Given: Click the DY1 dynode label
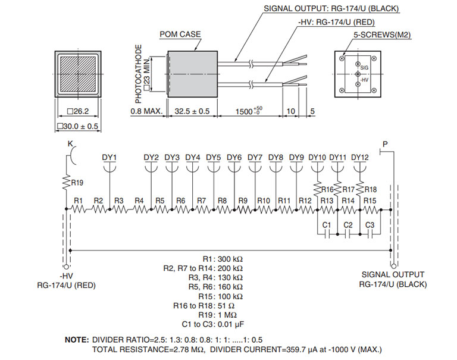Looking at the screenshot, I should pyautogui.click(x=109, y=157).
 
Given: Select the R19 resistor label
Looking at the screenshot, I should pyautogui.click(x=77, y=183).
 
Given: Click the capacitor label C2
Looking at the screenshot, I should pyautogui.click(x=348, y=225).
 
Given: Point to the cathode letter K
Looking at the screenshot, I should pyautogui.click(x=70, y=145).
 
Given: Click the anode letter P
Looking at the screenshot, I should pyautogui.click(x=385, y=145).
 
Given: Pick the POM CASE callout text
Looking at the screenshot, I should pyautogui.click(x=180, y=34).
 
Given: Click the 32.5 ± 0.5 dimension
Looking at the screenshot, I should pyautogui.click(x=192, y=111).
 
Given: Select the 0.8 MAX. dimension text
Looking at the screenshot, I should pyautogui.click(x=146, y=111).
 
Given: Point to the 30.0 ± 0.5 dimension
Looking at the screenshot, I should pyautogui.click(x=77, y=126).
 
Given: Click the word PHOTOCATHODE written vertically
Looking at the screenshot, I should pyautogui.click(x=139, y=71).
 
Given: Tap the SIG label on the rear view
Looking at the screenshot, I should pyautogui.click(x=365, y=68).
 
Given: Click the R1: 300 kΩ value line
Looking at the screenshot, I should pyautogui.click(x=223, y=259).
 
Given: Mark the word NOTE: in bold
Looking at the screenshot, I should pyautogui.click(x=76, y=339).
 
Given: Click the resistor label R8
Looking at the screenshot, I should pyautogui.click(x=222, y=201).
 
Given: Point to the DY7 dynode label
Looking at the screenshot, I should pyautogui.click(x=255, y=157).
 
